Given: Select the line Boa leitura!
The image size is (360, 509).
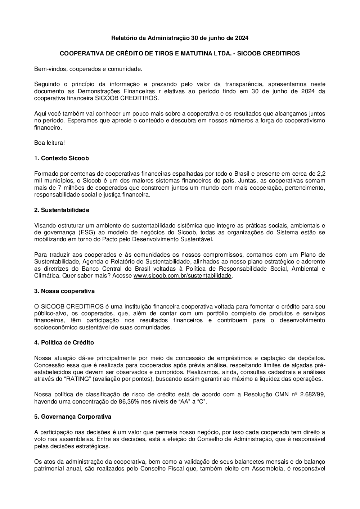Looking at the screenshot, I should [50, 143].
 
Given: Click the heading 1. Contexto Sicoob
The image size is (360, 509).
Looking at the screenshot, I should [62, 158].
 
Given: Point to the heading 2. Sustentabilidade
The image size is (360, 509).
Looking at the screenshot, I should [62, 210].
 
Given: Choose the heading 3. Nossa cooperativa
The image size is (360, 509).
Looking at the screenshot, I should [64, 290].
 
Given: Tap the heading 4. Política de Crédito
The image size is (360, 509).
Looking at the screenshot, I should [64, 342].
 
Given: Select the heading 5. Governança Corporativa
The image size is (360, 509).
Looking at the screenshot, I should [73, 416].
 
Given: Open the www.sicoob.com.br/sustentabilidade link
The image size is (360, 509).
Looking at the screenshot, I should [183, 276].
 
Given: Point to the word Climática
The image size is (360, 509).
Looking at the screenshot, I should [47, 276].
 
